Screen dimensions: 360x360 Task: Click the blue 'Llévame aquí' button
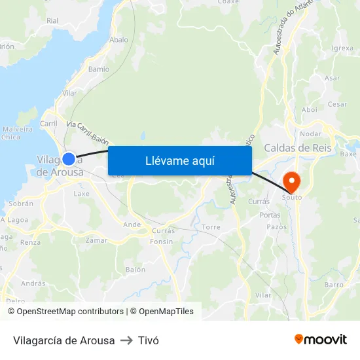(x=180, y=160)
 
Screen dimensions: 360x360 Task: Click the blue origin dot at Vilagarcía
(x=68, y=158)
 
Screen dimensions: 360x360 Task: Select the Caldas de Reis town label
(x=298, y=148)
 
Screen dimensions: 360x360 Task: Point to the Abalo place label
(x=119, y=39)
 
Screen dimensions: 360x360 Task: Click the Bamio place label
(x=99, y=69)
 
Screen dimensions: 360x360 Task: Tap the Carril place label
(x=49, y=123)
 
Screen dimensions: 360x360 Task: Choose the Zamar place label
(x=96, y=240)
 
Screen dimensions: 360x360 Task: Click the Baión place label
(x=135, y=270)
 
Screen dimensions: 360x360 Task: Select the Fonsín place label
(x=162, y=242)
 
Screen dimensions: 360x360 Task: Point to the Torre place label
(x=211, y=226)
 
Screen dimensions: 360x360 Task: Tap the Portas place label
(x=270, y=215)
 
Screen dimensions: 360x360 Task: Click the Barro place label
(x=334, y=285)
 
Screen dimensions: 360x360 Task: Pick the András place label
(x=33, y=283)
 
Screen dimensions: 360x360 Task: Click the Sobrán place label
(x=21, y=204)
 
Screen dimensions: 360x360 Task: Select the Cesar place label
(x=337, y=104)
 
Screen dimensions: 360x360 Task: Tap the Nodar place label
(x=310, y=134)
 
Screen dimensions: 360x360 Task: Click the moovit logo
(x=321, y=340)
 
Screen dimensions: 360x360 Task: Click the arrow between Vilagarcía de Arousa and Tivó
(x=126, y=340)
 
